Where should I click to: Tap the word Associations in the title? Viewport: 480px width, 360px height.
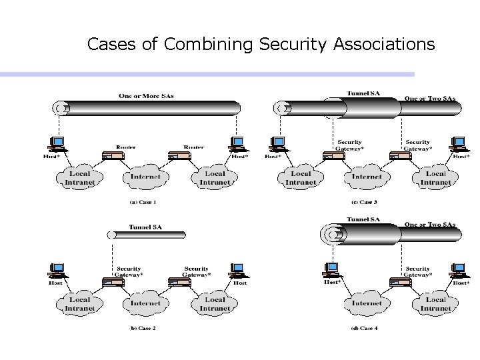[x=382, y=45]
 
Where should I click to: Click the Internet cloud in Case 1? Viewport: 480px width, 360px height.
[x=145, y=177]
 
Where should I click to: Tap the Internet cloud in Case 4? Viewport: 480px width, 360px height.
[x=366, y=303]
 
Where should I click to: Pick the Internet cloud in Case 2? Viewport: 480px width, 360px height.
[x=145, y=303]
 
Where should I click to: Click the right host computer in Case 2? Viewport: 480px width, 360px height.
[x=237, y=271]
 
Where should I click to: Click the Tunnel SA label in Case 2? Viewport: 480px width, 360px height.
[x=145, y=227]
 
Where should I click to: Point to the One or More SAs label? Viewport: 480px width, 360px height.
[x=146, y=95]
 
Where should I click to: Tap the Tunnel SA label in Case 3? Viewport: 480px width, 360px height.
[x=363, y=93]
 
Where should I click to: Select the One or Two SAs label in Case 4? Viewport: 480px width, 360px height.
[x=430, y=225]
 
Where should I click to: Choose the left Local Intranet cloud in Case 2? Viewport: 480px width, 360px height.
[x=79, y=303]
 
